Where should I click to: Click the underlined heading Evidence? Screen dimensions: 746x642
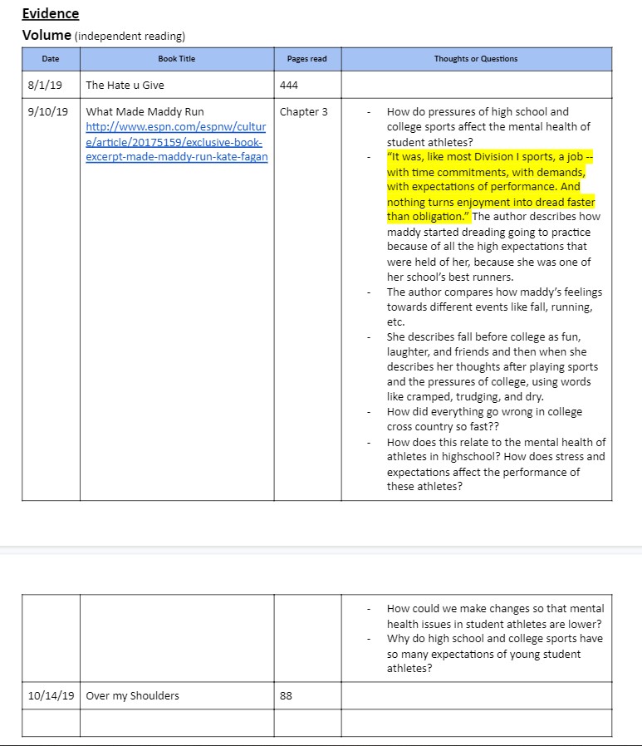tap(51, 13)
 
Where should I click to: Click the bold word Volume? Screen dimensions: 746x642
tap(46, 36)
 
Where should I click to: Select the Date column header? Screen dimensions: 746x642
tap(51, 59)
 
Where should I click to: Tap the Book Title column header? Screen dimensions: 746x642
tap(176, 59)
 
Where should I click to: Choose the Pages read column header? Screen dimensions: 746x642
tap(306, 59)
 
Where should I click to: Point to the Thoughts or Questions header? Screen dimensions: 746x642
tap(475, 59)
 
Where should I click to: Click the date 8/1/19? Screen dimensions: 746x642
tap(42, 85)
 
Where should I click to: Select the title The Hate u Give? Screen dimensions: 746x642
tap(125, 85)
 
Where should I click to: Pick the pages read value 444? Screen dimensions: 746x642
tap(289, 85)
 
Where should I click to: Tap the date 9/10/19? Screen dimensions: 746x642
tap(48, 111)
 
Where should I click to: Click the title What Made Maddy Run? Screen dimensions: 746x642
tap(145, 111)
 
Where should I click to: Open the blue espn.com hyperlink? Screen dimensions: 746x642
tap(176, 142)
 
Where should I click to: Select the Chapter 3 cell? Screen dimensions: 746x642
tap(303, 111)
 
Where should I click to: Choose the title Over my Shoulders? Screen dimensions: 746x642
tap(132, 695)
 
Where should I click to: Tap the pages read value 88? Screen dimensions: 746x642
tap(286, 695)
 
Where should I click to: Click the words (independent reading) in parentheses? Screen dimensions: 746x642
tap(130, 37)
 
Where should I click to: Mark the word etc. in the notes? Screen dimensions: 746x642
tap(395, 321)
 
